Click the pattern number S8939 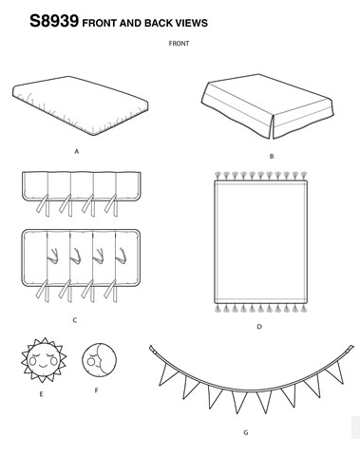pos(54,21)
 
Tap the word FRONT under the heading pos(179,44)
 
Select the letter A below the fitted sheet pos(76,152)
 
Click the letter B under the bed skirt pos(272,156)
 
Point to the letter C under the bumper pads pos(75,320)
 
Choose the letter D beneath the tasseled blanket pos(259,327)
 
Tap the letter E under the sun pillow pos(41,394)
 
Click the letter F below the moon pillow pos(97,390)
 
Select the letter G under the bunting pos(246,432)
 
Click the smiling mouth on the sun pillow pos(42,366)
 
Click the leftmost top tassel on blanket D pos(218,176)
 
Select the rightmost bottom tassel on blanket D pos(303,309)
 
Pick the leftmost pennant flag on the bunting pos(165,373)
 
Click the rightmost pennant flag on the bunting pos(336,371)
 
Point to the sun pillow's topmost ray pos(45,341)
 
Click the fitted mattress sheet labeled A pos(81,105)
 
